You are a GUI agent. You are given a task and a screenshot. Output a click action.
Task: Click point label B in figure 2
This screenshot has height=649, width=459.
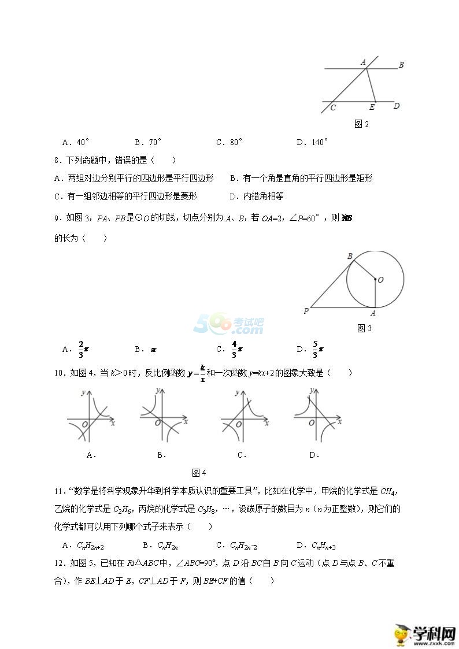point(401,65)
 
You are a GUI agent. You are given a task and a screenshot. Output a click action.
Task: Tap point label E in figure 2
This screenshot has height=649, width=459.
point(372,107)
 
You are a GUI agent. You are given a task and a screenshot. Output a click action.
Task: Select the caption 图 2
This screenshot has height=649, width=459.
point(361,124)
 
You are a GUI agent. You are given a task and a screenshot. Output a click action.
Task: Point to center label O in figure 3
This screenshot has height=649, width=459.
point(382,280)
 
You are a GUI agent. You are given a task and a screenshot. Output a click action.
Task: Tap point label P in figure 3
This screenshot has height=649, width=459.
point(306,311)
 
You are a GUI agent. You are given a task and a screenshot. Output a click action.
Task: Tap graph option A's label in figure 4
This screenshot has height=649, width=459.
point(91,455)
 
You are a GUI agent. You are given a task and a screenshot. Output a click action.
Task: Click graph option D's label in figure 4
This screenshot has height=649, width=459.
point(314,455)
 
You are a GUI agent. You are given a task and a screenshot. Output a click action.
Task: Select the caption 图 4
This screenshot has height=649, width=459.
point(199,473)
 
